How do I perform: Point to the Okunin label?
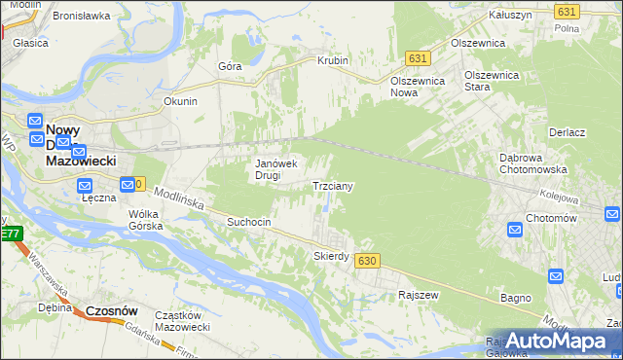(x=181, y=101)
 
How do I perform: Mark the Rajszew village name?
(x=419, y=294)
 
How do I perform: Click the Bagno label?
(x=515, y=297)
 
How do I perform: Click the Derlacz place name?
(x=567, y=132)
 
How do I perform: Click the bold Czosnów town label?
(x=111, y=310)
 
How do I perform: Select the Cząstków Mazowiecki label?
(x=183, y=321)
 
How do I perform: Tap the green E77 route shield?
(x=10, y=234)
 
